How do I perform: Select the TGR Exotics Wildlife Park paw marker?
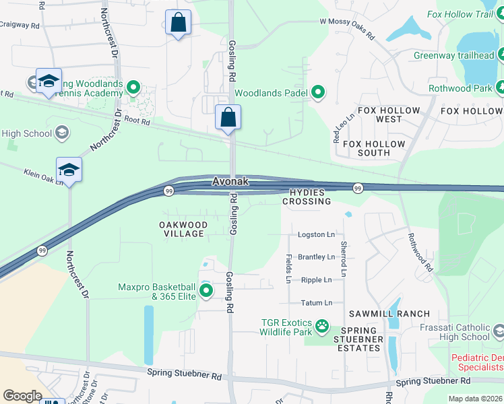323,327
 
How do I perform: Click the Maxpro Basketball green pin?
206,291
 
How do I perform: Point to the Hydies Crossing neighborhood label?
310,197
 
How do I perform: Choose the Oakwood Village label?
183,229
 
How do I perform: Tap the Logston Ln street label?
316,235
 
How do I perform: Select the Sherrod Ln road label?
343,259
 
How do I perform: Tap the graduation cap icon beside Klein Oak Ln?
69,170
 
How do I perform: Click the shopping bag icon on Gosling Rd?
228,118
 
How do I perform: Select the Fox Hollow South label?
374,148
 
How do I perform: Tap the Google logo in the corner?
22,396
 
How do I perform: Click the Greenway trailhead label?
454,55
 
